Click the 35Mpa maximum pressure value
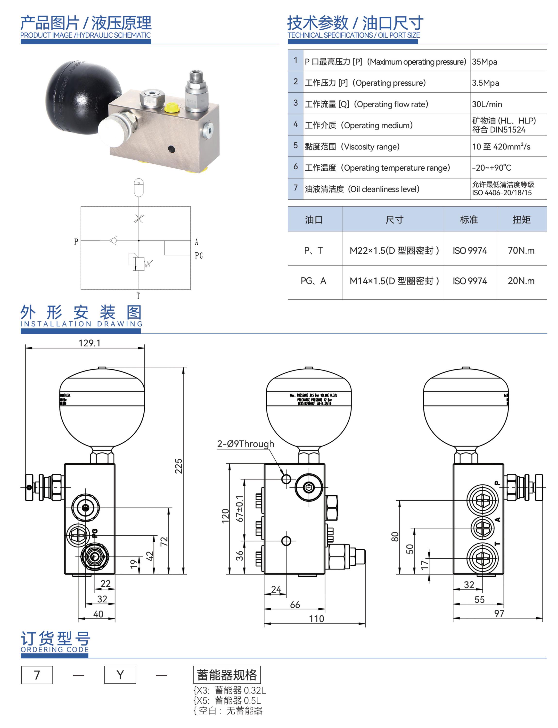click(x=484, y=62)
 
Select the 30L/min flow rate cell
click(x=487, y=104)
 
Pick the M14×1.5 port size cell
click(x=394, y=281)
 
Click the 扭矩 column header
click(x=521, y=220)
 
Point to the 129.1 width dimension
click(x=89, y=343)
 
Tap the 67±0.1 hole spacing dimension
click(x=239, y=508)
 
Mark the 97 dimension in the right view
click(x=499, y=613)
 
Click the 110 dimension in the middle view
click(x=316, y=619)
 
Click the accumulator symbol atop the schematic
click(x=139, y=188)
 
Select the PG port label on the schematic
click(x=199, y=256)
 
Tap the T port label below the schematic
click(x=138, y=296)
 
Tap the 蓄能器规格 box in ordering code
click(x=227, y=675)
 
